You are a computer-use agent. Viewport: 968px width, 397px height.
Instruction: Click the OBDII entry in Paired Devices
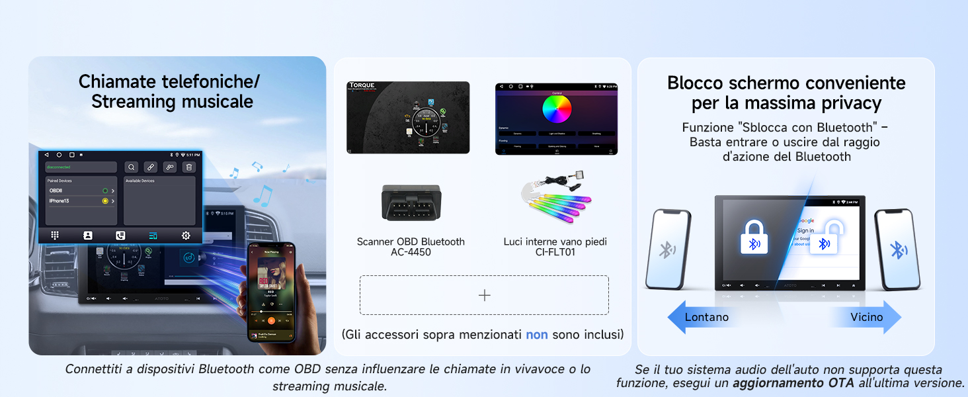[56, 191]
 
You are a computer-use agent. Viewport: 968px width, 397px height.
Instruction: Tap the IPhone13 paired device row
[59, 200]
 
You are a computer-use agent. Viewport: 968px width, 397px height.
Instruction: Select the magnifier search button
[132, 167]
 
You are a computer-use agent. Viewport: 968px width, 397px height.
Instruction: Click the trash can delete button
[189, 167]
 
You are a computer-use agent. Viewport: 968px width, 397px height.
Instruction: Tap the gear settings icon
[186, 235]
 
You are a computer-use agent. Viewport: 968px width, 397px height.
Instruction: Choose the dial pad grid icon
[55, 235]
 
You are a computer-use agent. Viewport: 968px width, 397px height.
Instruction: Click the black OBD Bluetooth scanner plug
[411, 202]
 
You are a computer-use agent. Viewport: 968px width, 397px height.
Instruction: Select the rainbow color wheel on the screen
[557, 109]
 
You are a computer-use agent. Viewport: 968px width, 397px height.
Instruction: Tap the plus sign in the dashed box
[484, 295]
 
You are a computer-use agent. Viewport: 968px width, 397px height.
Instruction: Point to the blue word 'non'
[536, 335]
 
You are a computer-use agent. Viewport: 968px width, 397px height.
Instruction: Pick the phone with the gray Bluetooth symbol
[667, 249]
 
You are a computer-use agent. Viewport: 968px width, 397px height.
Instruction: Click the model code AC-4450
[411, 252]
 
